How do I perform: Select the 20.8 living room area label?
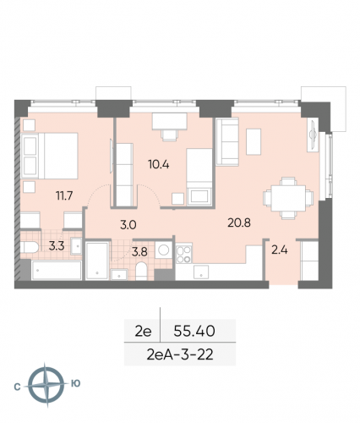[240, 223]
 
